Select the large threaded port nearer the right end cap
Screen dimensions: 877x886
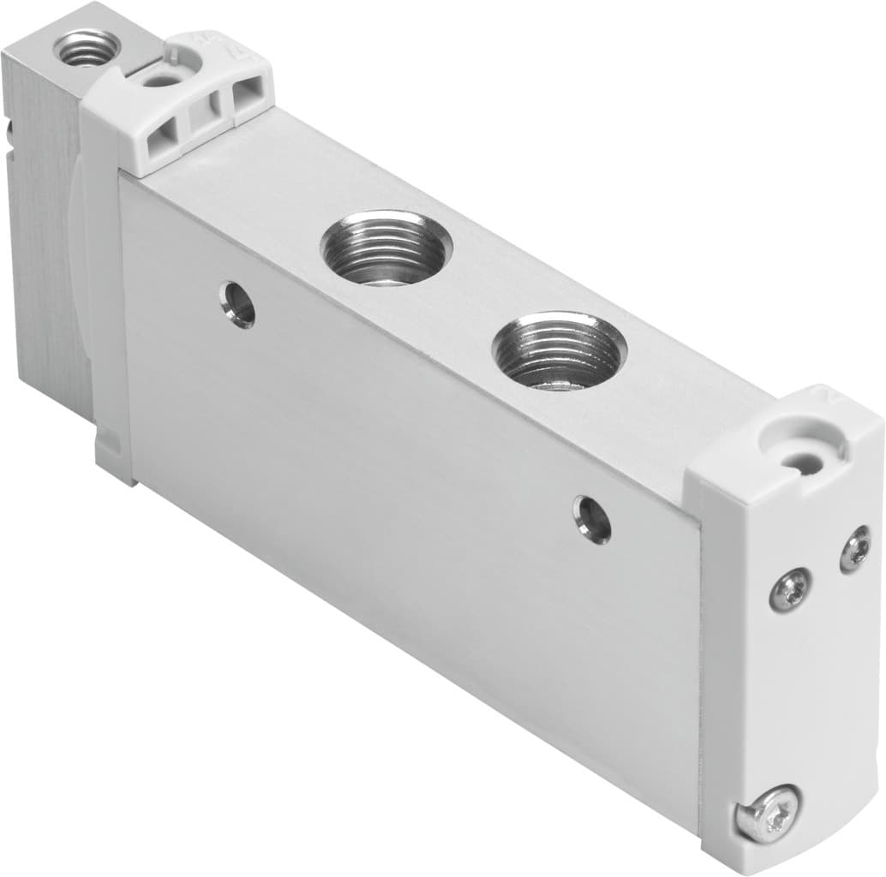click(x=559, y=350)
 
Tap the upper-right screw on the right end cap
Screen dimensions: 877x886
click(x=854, y=548)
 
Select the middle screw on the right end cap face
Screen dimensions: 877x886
click(x=788, y=592)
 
